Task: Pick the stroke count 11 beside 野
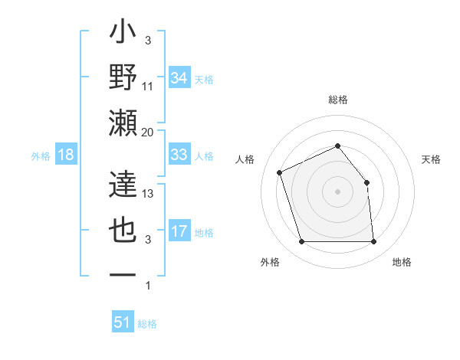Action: (149, 87)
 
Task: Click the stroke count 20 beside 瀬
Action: (149, 132)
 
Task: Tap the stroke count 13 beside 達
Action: (149, 194)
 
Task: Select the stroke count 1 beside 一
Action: (148, 286)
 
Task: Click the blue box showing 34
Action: (179, 77)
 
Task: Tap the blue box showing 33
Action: (179, 155)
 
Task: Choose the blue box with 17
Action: (179, 231)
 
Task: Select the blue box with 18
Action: (65, 155)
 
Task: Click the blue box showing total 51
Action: (122, 322)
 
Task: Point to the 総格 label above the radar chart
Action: (337, 100)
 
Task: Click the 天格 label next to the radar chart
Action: (431, 159)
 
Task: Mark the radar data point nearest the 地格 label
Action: (373, 242)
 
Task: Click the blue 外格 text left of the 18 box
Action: (41, 155)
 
